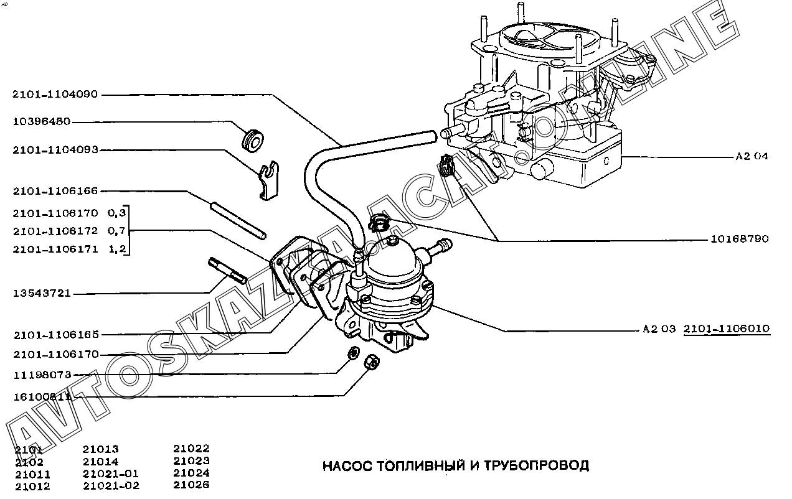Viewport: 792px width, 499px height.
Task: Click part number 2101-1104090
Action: tap(55, 95)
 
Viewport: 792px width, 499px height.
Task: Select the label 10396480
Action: tap(42, 122)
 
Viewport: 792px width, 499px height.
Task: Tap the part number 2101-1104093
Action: tap(55, 150)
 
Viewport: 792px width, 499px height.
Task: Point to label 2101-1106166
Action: tap(55, 191)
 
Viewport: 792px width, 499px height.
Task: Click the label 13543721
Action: tap(42, 293)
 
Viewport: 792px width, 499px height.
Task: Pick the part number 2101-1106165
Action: tap(55, 335)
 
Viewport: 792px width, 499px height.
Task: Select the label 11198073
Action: tap(42, 375)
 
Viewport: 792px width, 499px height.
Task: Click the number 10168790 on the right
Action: tap(740, 239)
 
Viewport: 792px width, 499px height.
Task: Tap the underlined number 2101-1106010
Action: tap(727, 329)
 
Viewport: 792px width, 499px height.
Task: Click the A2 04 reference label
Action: tap(752, 156)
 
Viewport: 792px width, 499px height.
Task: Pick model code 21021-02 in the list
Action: tap(111, 486)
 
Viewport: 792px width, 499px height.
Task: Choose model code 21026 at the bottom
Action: tap(191, 485)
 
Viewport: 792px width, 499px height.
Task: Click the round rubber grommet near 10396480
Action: tap(253, 139)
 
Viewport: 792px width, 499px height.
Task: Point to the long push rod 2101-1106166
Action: tap(238, 219)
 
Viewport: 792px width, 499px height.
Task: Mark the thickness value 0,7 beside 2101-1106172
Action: tap(117, 231)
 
